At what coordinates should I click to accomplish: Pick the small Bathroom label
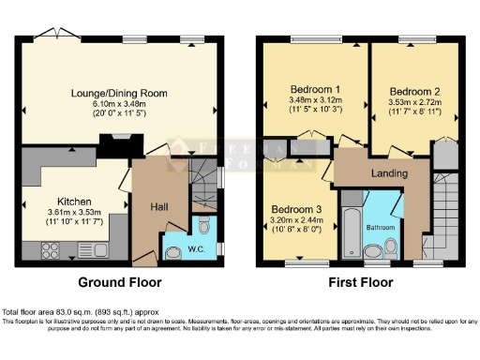pos(379,228)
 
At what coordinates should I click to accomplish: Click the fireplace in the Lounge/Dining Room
pos(119,144)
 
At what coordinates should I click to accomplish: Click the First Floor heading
pos(362,281)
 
